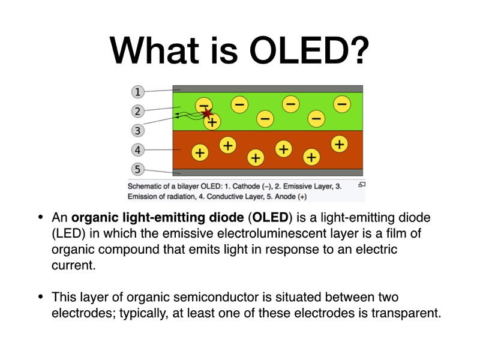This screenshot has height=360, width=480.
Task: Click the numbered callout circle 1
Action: [x=138, y=92]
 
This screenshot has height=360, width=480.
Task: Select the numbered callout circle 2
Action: [x=138, y=111]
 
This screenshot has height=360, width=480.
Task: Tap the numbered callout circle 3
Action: [x=138, y=130]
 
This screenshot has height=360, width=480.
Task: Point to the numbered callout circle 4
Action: [x=138, y=149]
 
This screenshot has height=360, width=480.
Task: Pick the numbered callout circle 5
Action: [x=138, y=170]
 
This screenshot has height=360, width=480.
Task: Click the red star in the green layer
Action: [x=207, y=113]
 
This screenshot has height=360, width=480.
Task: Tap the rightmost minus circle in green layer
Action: [x=341, y=104]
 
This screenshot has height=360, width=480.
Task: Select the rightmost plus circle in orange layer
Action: [x=340, y=143]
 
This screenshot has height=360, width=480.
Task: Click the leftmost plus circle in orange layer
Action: [x=200, y=153]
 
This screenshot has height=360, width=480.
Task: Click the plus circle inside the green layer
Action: [x=212, y=122]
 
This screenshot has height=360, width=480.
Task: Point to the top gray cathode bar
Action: [x=268, y=88]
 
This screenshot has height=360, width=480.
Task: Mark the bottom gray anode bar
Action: [x=268, y=172]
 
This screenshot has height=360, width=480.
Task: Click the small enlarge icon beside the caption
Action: [x=362, y=185]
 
